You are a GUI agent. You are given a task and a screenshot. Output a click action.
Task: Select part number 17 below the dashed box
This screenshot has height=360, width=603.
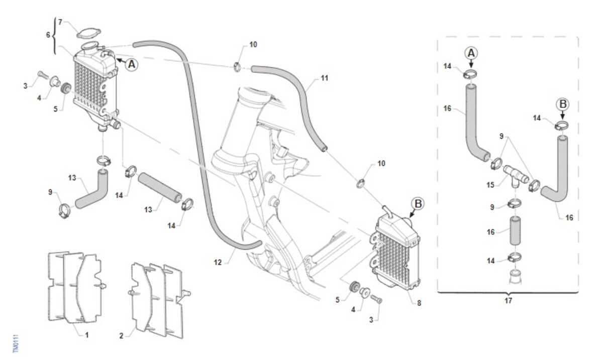(x=508, y=301)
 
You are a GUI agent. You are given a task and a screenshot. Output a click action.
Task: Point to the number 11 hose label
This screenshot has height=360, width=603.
(x=324, y=78)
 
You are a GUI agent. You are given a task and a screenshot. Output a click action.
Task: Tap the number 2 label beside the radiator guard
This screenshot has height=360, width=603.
(x=121, y=335)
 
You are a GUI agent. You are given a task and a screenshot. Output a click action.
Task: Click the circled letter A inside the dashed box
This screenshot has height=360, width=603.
(x=471, y=53)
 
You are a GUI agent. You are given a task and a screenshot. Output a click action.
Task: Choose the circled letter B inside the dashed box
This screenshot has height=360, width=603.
(x=562, y=104)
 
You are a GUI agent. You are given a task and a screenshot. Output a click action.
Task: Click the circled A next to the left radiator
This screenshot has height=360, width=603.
(x=131, y=64)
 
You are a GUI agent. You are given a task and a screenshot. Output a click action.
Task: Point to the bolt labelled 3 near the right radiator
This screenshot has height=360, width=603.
(x=376, y=300)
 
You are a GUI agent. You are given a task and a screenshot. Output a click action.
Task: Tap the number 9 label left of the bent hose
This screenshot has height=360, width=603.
(x=50, y=191)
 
